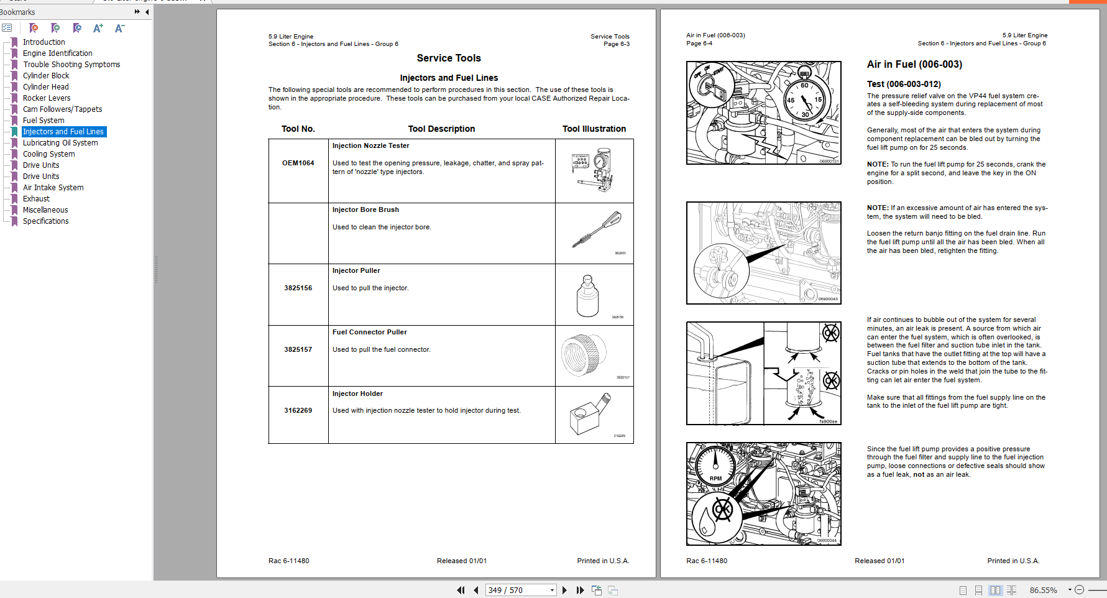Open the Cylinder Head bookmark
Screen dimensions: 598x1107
click(x=45, y=87)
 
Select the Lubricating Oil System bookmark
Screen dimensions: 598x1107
click(x=60, y=143)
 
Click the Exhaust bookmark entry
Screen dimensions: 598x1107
click(x=36, y=199)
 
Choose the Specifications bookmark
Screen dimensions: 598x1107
click(x=45, y=221)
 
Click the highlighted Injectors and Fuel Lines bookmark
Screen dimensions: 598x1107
click(x=63, y=132)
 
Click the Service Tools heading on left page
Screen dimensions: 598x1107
click(x=448, y=58)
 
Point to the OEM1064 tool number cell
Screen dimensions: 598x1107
click(x=298, y=163)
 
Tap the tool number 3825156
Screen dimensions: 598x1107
click(x=298, y=288)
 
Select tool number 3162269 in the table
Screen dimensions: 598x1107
click(x=298, y=410)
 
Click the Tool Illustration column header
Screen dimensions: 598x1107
click(x=594, y=129)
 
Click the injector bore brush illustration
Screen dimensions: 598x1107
click(x=596, y=229)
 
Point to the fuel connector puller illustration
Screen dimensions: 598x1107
click(x=584, y=355)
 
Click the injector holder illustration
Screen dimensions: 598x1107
click(x=589, y=415)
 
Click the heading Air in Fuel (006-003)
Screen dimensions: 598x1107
click(x=914, y=65)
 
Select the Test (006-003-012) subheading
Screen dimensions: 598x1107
click(x=903, y=84)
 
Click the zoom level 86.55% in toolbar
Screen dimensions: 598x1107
click(x=1043, y=590)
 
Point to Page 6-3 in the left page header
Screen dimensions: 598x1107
click(x=616, y=44)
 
